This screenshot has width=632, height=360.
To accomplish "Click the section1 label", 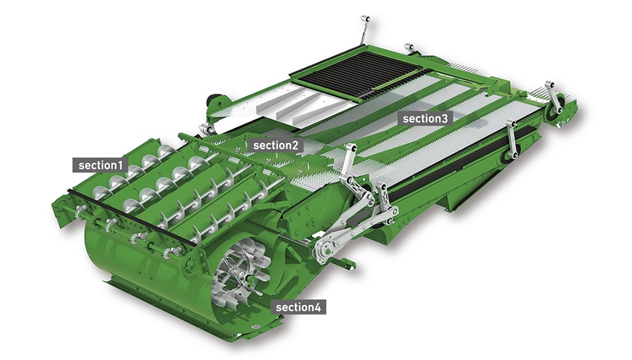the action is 100,165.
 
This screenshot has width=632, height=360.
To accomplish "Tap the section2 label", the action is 276,145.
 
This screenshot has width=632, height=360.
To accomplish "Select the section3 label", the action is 425,119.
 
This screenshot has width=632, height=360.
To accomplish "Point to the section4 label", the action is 298,308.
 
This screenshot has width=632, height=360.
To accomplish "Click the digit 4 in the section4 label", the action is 318,308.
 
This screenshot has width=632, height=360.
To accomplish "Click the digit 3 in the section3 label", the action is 444,119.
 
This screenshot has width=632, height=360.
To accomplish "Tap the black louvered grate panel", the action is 355,75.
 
